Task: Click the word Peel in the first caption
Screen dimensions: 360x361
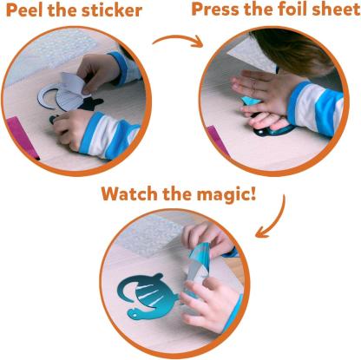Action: point(25,10)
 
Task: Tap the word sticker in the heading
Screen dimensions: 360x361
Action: point(121,10)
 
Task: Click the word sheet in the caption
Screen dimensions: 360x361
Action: point(335,10)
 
